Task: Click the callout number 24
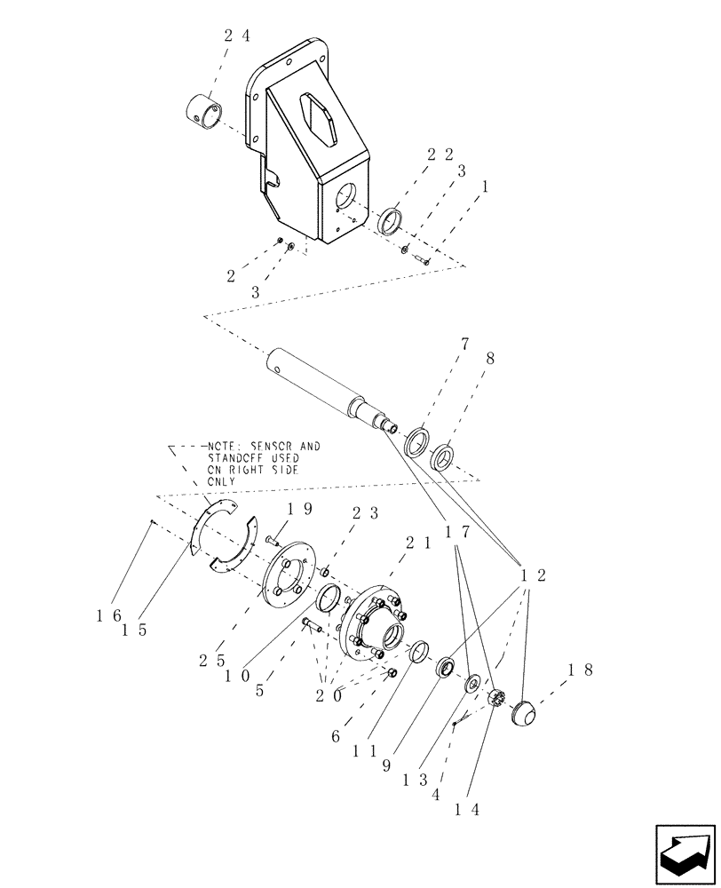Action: (236, 36)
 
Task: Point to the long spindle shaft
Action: (329, 386)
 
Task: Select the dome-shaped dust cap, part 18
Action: (527, 713)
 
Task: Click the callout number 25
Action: (210, 660)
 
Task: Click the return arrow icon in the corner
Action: (685, 849)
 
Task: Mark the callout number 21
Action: (420, 543)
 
